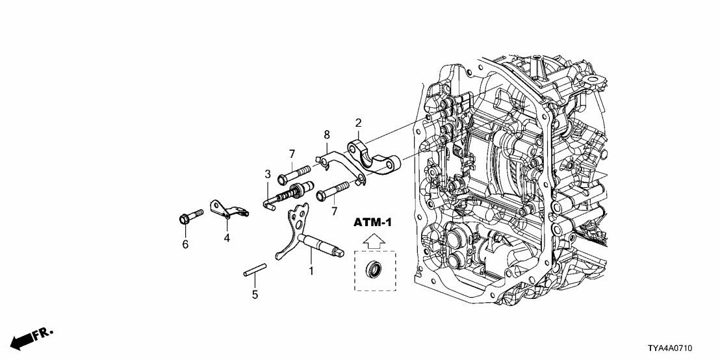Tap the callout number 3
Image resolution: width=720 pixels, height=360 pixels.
267,174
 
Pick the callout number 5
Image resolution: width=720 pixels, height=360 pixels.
255,294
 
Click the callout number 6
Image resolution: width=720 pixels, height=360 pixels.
185,244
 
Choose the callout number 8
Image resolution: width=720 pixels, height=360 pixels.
327,135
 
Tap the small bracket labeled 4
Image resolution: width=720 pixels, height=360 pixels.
227,209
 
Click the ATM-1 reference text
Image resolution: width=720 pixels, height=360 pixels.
373,223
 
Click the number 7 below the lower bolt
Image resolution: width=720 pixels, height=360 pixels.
335,212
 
